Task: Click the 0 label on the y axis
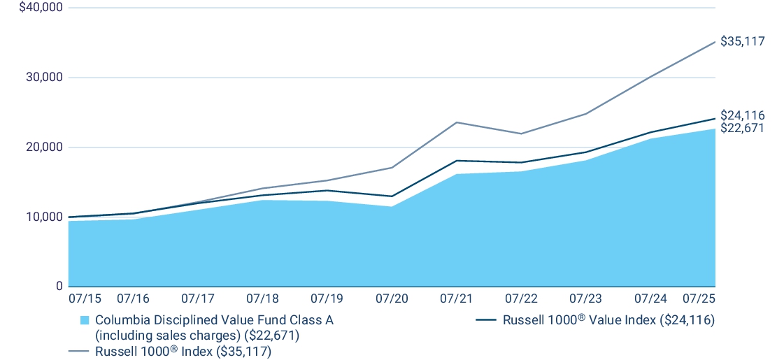pyautogui.click(x=59, y=287)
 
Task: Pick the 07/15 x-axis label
pyautogui.click(x=85, y=298)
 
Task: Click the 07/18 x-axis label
pyautogui.click(x=262, y=298)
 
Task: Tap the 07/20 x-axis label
pyautogui.click(x=392, y=298)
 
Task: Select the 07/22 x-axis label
pyautogui.click(x=521, y=298)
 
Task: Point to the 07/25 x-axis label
pyautogui.click(x=699, y=298)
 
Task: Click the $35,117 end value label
pyautogui.click(x=742, y=41)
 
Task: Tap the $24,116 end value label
pyautogui.click(x=742, y=115)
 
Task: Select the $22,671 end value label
pyautogui.click(x=742, y=128)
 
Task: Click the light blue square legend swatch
pyautogui.click(x=85, y=320)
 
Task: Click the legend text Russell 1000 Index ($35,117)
pyautogui.click(x=183, y=352)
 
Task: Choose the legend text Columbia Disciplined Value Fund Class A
pyautogui.click(x=214, y=320)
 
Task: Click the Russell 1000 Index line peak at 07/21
pyautogui.click(x=456, y=122)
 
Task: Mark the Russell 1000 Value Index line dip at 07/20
pyautogui.click(x=392, y=196)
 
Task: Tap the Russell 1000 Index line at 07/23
pyautogui.click(x=585, y=113)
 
